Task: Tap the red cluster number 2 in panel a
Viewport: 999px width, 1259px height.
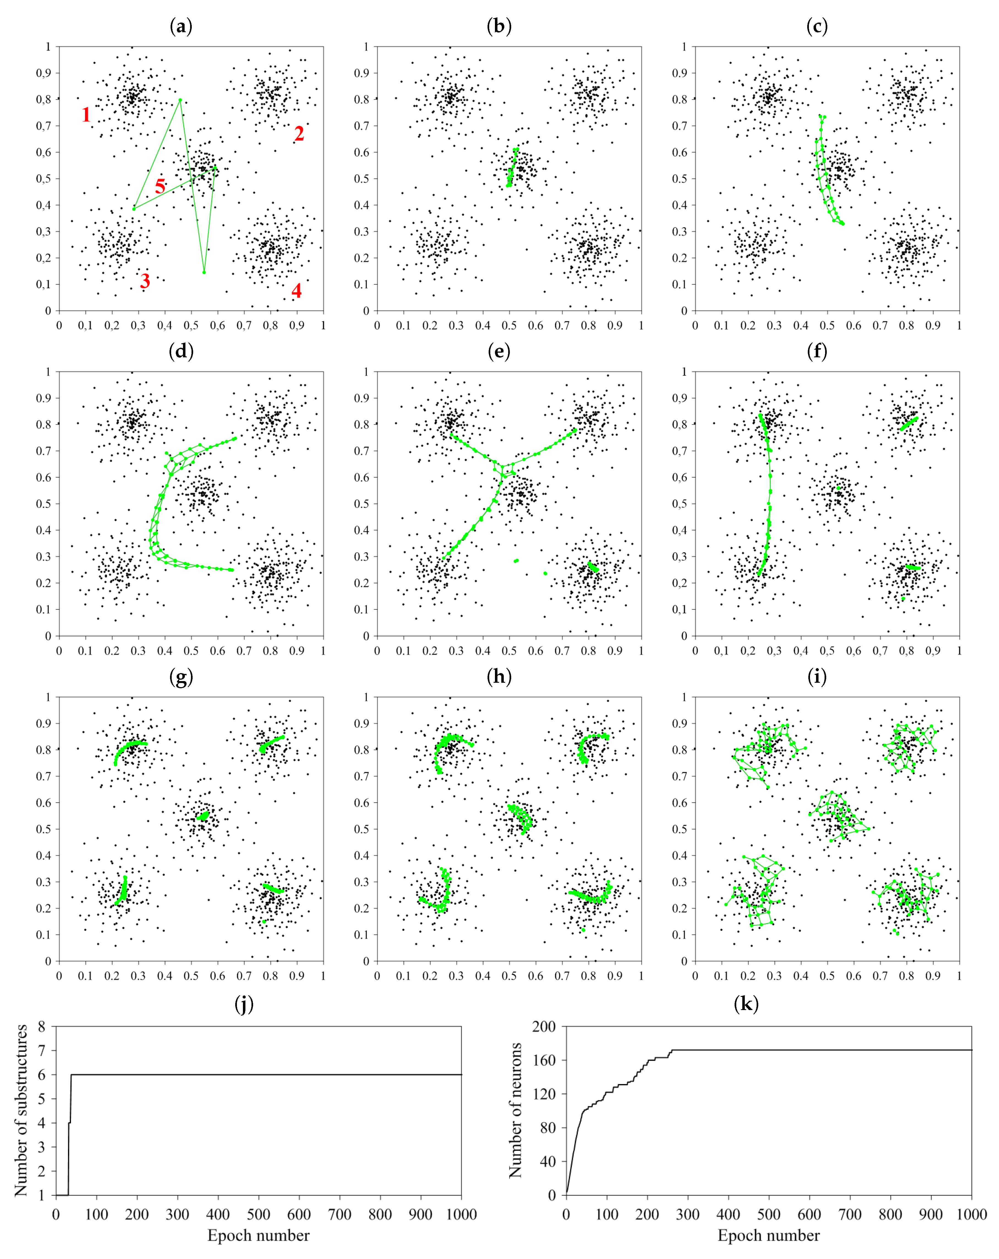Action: coord(299,134)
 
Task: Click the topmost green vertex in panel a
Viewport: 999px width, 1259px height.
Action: coord(180,100)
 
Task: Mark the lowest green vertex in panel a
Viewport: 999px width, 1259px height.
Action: coord(204,272)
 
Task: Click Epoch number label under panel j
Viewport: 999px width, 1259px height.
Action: coord(258,1235)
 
